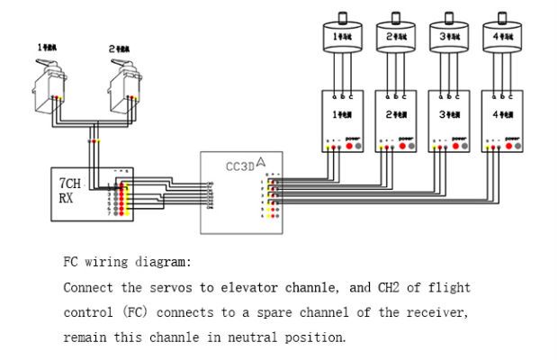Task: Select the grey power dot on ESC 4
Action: click(517, 145)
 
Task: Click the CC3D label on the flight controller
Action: click(239, 165)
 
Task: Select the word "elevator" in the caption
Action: click(243, 288)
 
